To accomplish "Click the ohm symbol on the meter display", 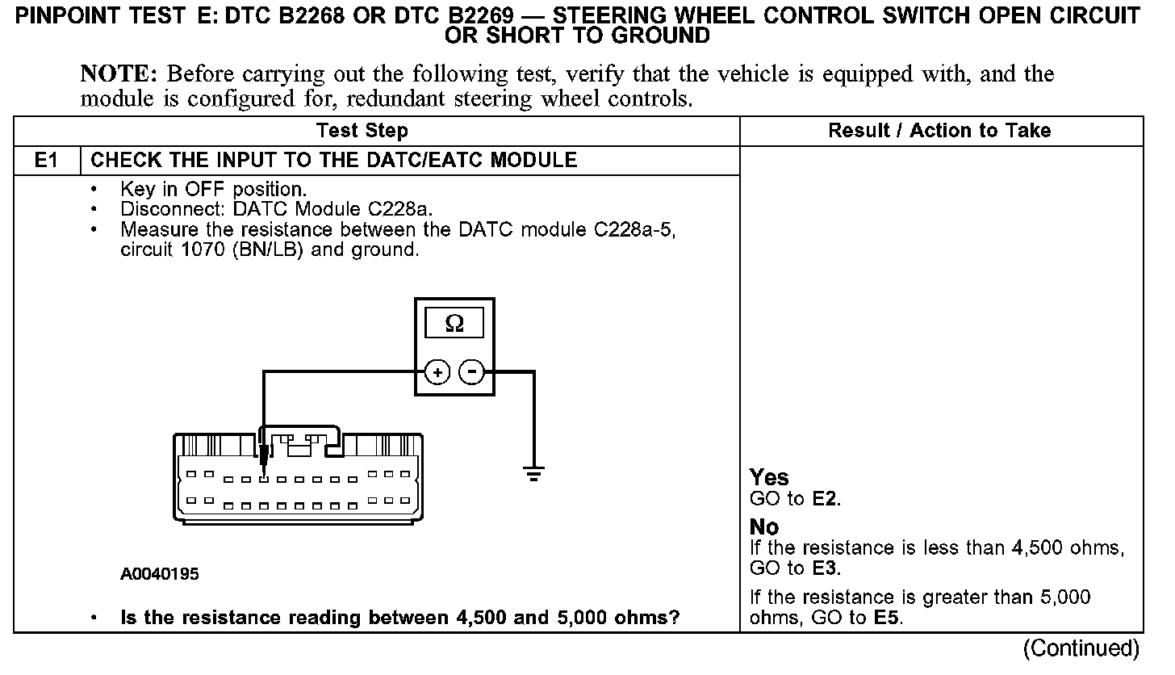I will (454, 325).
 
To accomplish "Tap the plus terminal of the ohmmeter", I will (437, 372).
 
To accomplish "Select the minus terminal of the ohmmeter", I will (472, 372).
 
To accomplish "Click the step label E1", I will (47, 160).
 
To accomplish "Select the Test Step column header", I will (362, 131).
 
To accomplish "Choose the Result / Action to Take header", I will (939, 131).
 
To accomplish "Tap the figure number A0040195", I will (160, 575).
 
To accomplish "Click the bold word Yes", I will (769, 478).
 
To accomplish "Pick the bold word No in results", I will (764, 527).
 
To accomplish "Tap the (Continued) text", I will (1081, 648).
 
